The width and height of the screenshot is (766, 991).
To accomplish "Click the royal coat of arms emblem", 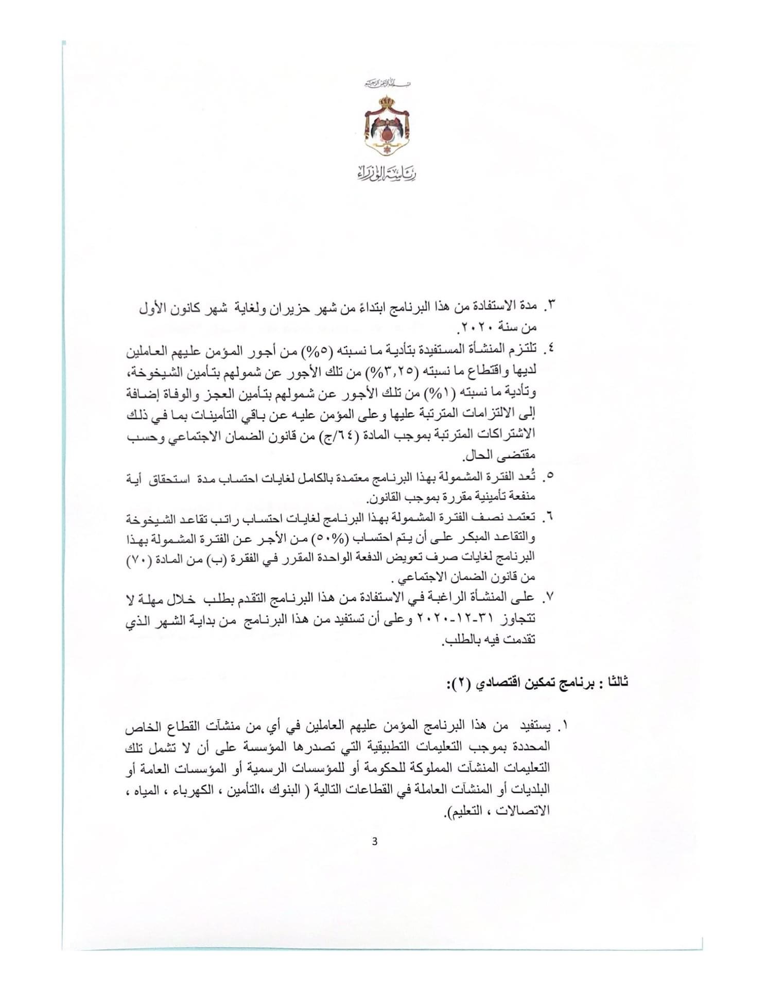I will [383, 126].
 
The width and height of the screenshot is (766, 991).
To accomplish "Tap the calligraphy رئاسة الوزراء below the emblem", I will [383, 173].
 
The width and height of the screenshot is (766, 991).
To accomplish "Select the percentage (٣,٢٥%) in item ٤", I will [397, 372].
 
